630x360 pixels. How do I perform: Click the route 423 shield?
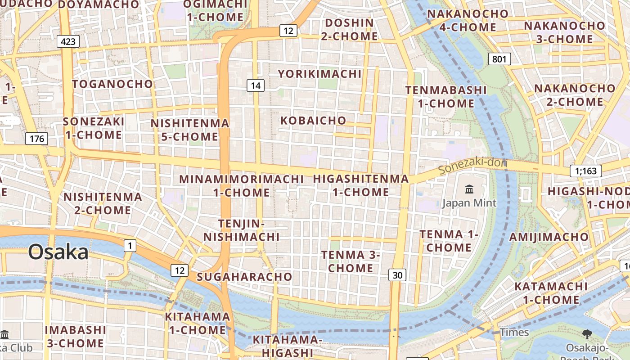coord(68,42)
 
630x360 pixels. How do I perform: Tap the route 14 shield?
coord(255,85)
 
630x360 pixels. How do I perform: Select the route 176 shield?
coord(36,139)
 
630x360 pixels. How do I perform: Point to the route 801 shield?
coord(499,59)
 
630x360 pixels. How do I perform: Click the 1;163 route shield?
coord(585,171)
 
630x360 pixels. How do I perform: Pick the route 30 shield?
coord(397,275)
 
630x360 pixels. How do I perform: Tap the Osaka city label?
coord(58,252)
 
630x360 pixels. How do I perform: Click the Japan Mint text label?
coord(469,203)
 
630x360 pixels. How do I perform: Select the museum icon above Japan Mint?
coord(469,189)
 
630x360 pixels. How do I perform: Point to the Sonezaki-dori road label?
coord(472,166)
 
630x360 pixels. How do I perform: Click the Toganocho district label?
coord(112,84)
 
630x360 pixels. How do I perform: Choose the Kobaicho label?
coord(313,121)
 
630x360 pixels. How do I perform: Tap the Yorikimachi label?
coord(319,74)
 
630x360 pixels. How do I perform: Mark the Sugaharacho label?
coord(244,277)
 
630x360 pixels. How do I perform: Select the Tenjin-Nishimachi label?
coord(242,230)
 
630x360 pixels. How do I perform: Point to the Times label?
coord(514,333)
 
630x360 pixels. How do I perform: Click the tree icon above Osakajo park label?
coord(587,334)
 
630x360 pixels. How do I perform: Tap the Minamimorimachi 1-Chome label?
coord(241,185)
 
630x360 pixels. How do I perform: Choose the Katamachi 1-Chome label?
coord(551,293)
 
